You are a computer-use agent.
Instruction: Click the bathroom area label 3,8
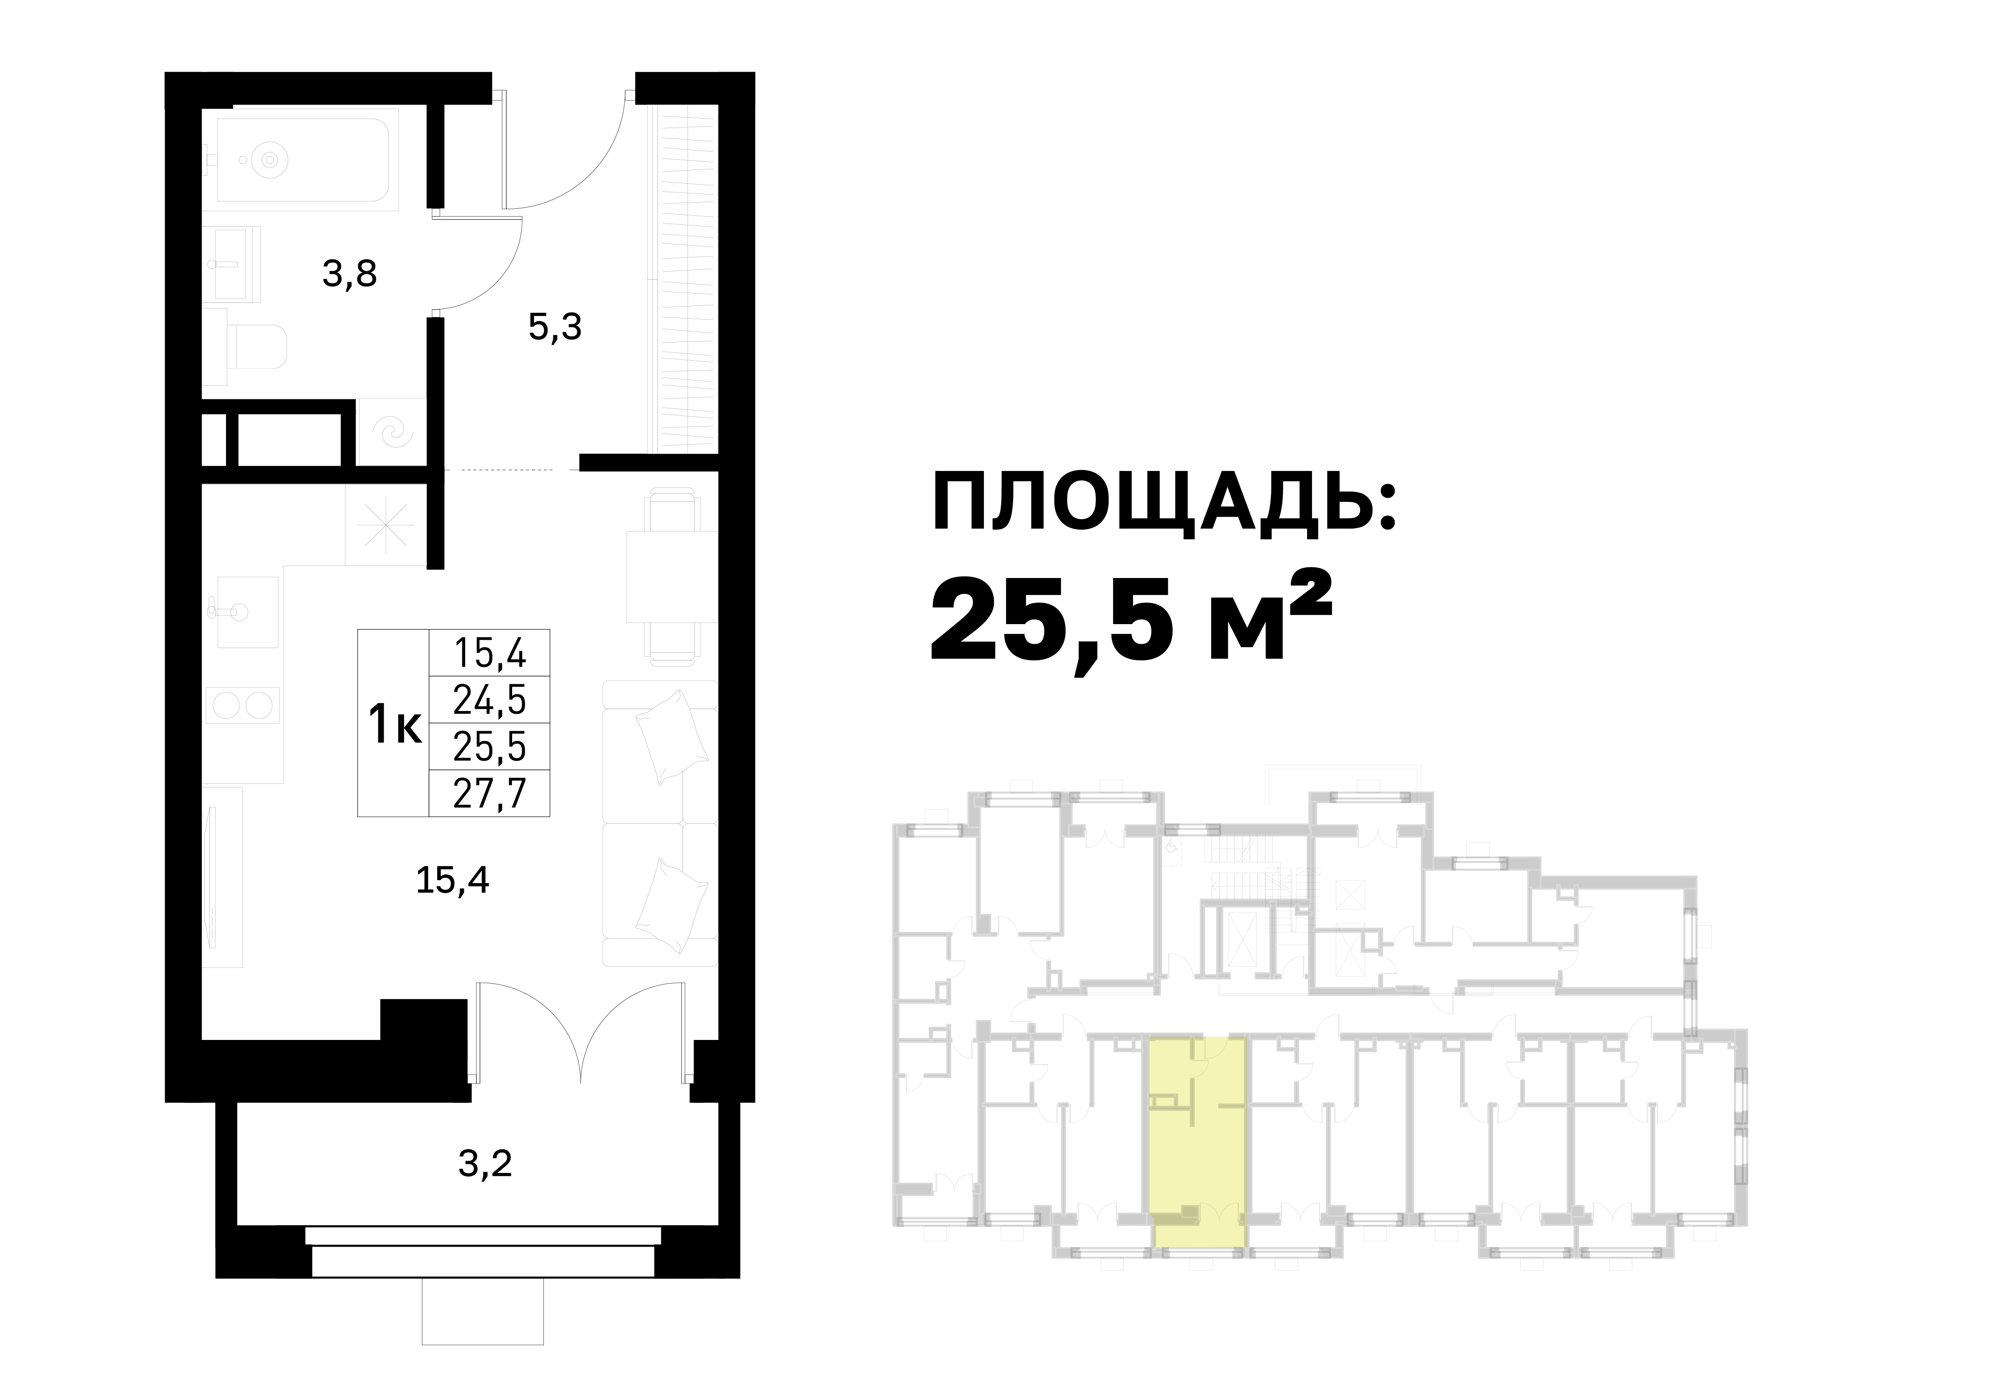click(349, 275)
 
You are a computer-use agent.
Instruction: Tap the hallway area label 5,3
click(555, 328)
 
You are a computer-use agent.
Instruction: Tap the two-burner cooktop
click(243, 705)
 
